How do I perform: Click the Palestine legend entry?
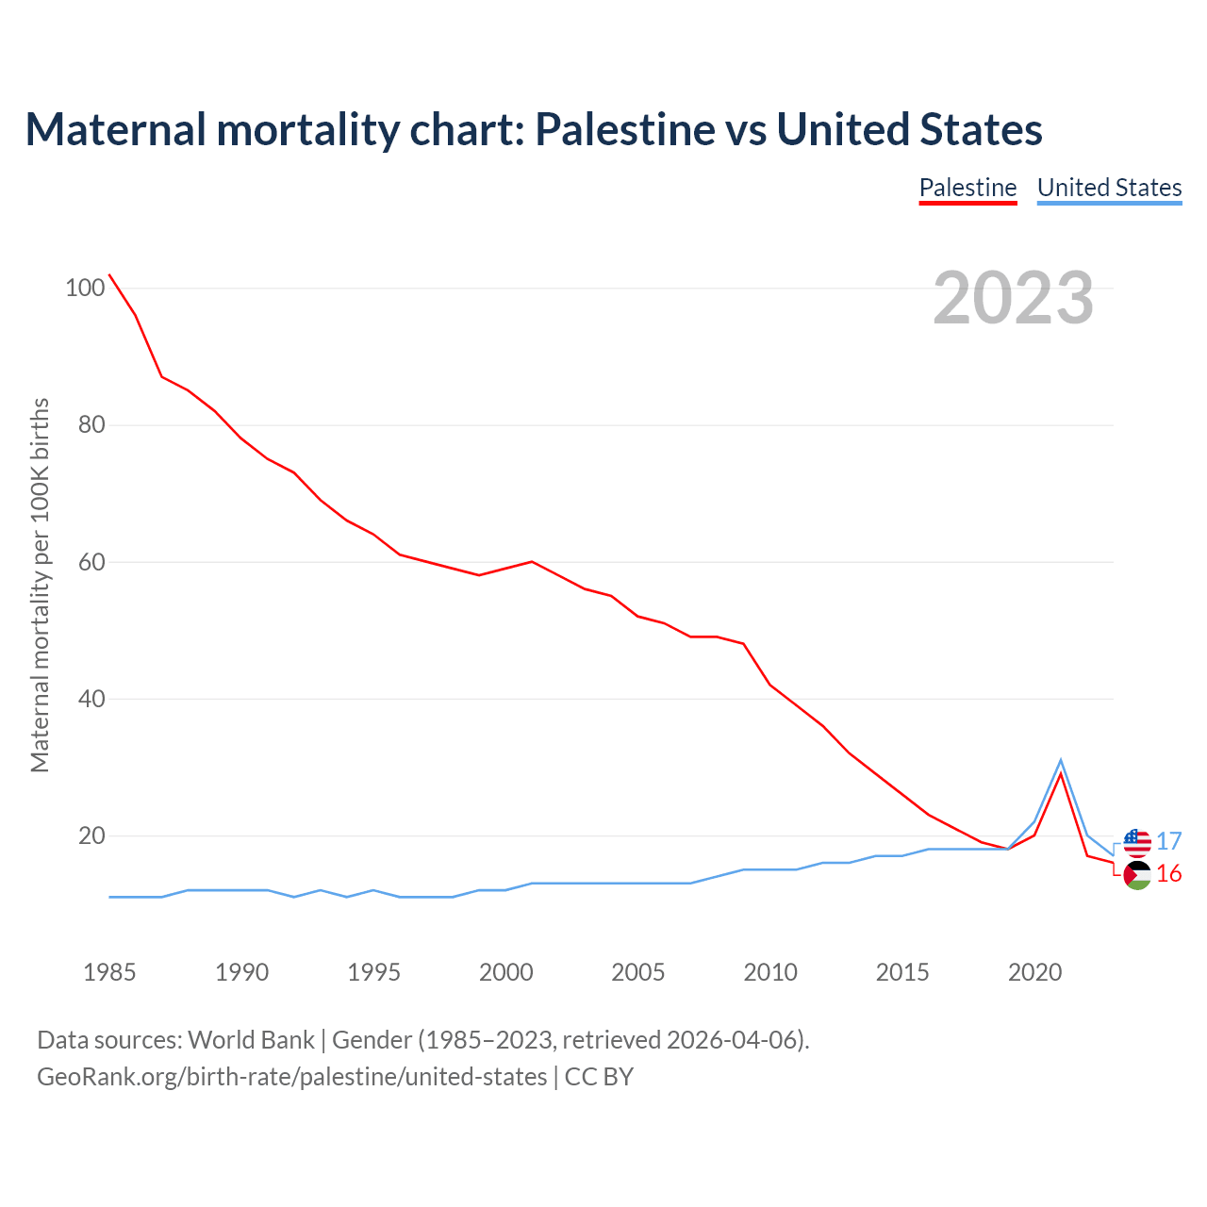point(967,188)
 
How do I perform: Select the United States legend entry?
point(1109,188)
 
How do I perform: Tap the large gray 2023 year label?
point(1014,298)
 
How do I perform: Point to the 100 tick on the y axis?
point(84,288)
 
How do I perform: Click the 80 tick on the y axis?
point(91,424)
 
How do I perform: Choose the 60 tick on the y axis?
point(91,562)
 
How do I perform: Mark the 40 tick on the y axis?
point(91,699)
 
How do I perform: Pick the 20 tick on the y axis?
point(91,835)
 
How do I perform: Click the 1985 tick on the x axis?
point(109,972)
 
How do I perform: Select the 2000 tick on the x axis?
point(506,972)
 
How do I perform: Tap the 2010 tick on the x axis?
point(770,972)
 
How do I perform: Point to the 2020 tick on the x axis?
point(1035,972)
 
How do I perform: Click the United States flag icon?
point(1137,843)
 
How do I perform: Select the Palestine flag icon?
point(1137,875)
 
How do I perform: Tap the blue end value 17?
point(1169,841)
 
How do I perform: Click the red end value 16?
point(1169,874)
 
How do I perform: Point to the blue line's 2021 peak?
point(1061,760)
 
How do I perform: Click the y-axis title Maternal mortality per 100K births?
point(40,585)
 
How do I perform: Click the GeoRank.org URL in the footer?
point(292,1076)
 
